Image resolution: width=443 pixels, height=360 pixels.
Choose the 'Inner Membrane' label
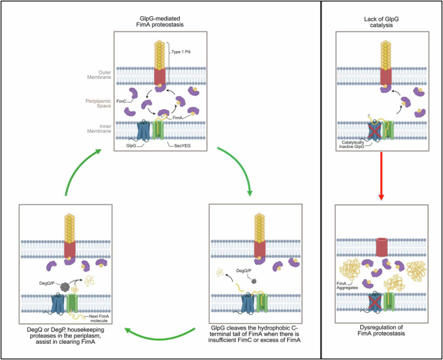92,129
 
